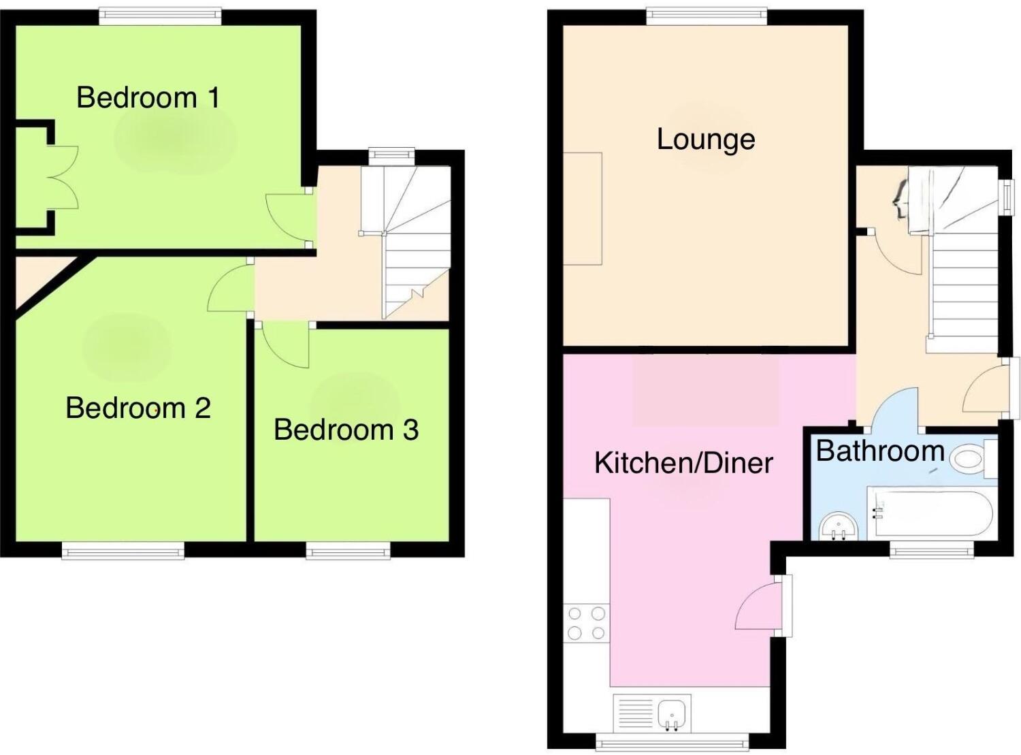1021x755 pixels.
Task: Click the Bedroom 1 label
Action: click(148, 97)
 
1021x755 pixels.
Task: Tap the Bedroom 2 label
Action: click(138, 408)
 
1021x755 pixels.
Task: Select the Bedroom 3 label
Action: click(346, 430)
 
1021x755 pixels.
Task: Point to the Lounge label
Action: click(706, 139)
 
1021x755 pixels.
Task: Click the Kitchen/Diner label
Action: click(683, 463)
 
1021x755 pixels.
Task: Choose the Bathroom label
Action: click(879, 451)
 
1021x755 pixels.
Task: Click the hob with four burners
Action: click(586, 623)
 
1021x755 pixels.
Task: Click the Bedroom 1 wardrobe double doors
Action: click(63, 177)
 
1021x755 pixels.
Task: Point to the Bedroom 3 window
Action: click(348, 551)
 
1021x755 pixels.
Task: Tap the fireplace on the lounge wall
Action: click(583, 208)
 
